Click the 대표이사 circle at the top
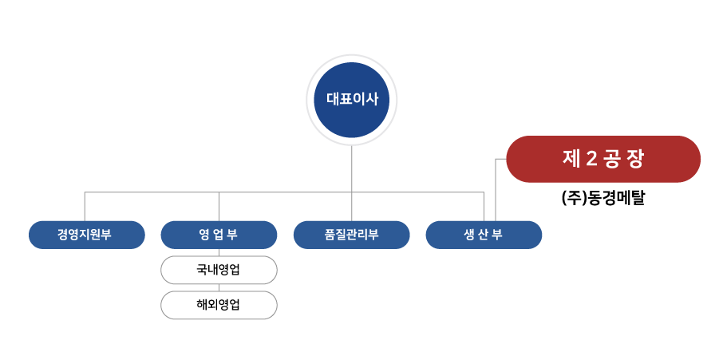pos(352,100)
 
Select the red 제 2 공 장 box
pos(603,159)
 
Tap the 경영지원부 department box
pos(87,235)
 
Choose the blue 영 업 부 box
pos(219,235)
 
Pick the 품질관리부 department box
pos(351,235)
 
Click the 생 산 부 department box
pos(484,235)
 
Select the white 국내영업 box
pos(219,270)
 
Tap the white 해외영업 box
pos(219,305)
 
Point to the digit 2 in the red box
pos(591,159)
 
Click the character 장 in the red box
pos(635,159)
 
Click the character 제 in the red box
pos(571,159)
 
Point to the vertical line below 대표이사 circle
pos(352,168)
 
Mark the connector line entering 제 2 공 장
pos(500,159)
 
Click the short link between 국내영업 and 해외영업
pos(219,287)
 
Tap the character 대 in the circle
pos(333,100)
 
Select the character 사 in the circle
pos(372,100)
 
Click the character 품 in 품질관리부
pos(330,235)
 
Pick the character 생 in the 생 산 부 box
pos(470,235)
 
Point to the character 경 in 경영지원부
pos(62,235)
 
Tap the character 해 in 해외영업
pos(202,305)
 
